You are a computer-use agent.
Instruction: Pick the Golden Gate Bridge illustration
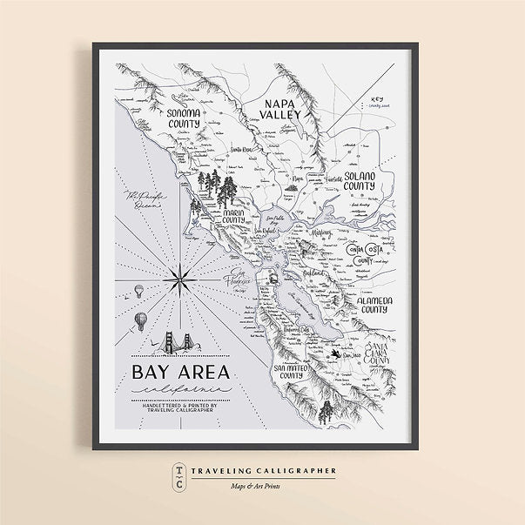click(x=178, y=345)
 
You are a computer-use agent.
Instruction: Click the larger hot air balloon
click(x=140, y=321)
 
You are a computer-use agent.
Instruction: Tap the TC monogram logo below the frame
click(x=178, y=476)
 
